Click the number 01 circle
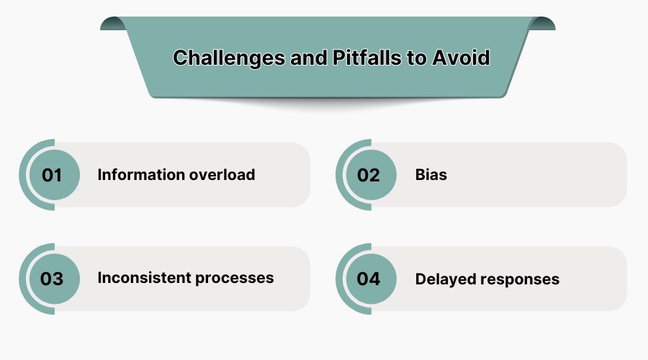(52, 175)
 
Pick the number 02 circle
(369, 175)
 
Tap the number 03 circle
(52, 279)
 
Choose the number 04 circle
(369, 279)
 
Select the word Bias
(431, 175)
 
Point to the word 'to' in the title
(417, 58)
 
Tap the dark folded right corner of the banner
(544, 24)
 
